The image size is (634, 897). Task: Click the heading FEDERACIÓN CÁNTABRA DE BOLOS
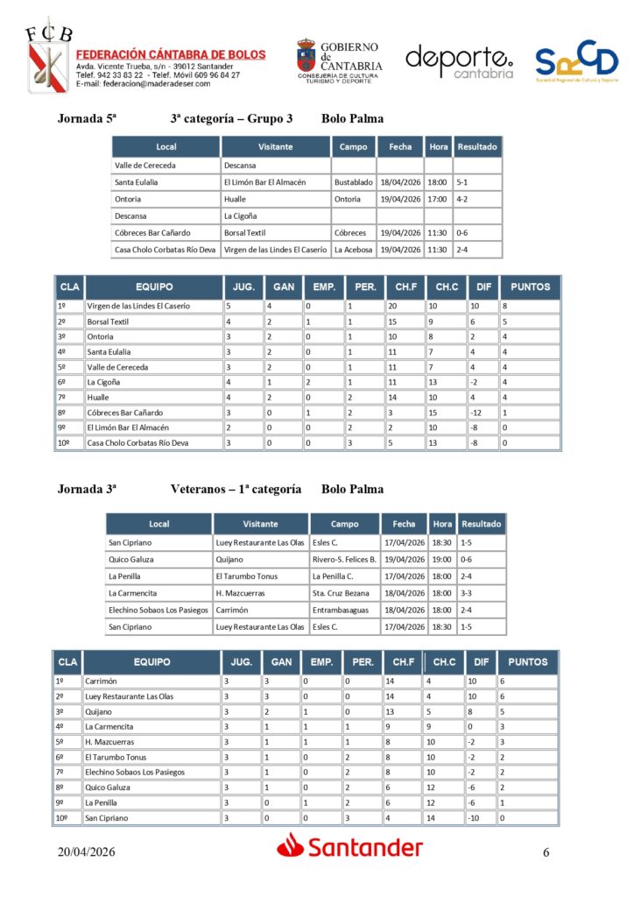171,54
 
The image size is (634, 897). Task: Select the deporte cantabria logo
459,61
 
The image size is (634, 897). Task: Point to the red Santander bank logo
350,847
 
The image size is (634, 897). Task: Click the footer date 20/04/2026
87,851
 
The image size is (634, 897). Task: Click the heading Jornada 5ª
88,119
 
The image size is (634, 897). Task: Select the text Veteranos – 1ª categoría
236,490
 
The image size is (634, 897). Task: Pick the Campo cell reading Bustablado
353,182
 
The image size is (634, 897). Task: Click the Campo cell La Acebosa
353,250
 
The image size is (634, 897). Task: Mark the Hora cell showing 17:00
437,199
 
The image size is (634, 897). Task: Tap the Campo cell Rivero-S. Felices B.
344,559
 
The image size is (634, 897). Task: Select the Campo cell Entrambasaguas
344,610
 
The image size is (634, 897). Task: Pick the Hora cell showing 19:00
442,559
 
